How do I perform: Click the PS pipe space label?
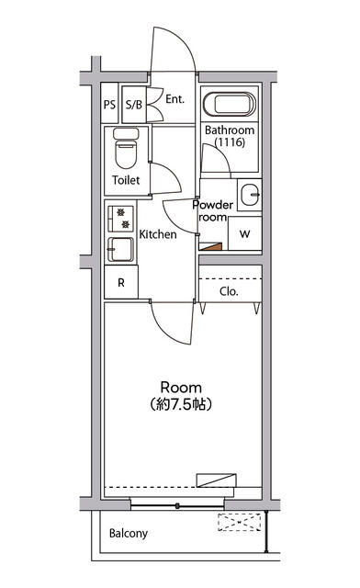[109, 104]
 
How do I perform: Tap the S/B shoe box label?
[134, 104]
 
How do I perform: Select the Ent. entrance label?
[175, 99]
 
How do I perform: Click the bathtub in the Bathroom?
[229, 104]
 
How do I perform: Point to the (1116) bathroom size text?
[230, 142]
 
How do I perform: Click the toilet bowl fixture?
[126, 149]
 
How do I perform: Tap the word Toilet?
[126, 180]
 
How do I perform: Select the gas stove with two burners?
[120, 219]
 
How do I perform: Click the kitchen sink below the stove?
[120, 249]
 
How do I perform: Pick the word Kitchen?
[158, 234]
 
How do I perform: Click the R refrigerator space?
[121, 282]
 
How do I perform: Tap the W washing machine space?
[245, 233]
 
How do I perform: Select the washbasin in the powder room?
[250, 195]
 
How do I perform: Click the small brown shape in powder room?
[212, 247]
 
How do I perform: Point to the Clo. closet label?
[229, 291]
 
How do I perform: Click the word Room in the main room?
[181, 388]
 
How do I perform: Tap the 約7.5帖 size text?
[181, 404]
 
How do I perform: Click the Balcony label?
[129, 533]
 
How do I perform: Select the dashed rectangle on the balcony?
[240, 522]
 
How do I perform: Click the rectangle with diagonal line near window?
[217, 481]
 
